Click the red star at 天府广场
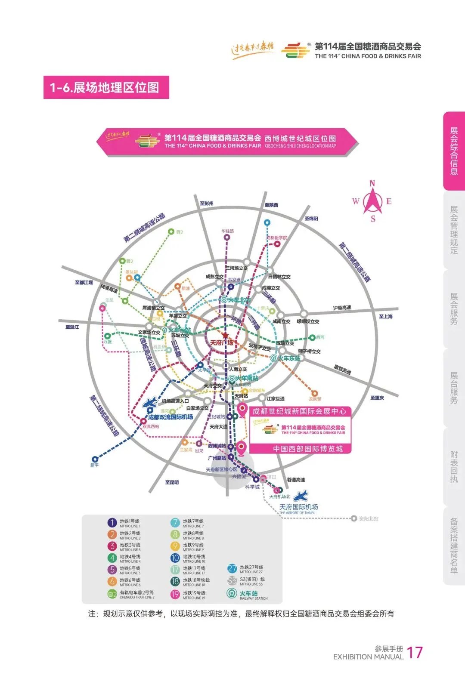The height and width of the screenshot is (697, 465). pyautogui.click(x=225, y=335)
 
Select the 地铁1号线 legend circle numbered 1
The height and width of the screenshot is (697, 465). pyautogui.click(x=112, y=523)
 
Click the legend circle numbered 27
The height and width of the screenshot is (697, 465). pyautogui.click(x=232, y=569)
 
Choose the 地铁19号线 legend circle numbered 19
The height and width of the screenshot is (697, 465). pyautogui.click(x=175, y=595)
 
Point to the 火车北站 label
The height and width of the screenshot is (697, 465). pyautogui.click(x=239, y=300)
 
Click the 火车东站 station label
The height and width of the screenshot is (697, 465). pyautogui.click(x=289, y=358)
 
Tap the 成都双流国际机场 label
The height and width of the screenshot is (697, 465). pyautogui.click(x=170, y=417)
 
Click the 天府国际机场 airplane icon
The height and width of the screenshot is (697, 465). pyautogui.click(x=301, y=496)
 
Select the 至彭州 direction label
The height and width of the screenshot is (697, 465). pyautogui.click(x=207, y=204)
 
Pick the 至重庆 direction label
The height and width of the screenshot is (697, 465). pyautogui.click(x=377, y=398)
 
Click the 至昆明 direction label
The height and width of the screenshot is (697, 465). pyautogui.click(x=172, y=483)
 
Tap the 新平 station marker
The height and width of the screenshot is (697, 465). pyautogui.click(x=95, y=460)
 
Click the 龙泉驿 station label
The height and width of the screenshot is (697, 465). pyautogui.click(x=315, y=399)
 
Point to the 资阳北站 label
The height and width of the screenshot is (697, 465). pyautogui.click(x=369, y=519)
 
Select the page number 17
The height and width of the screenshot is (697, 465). pyautogui.click(x=415, y=653)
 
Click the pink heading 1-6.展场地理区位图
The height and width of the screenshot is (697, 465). pyautogui.click(x=106, y=87)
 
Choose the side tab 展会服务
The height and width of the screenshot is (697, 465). pyautogui.click(x=454, y=309)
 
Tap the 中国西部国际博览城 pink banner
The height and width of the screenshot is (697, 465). pyautogui.click(x=308, y=449)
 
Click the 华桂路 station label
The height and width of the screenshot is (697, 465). pyautogui.click(x=228, y=231)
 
